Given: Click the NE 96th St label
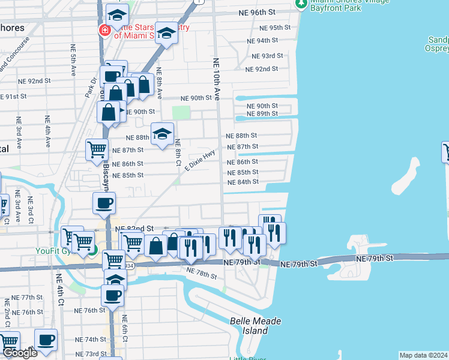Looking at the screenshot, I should pos(259,12).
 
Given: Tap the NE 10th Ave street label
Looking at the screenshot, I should pos(217,78).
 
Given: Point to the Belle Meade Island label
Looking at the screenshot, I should pos(256,326).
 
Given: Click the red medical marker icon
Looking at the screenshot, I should pos(105,30).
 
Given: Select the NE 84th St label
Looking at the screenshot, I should pos(243,182).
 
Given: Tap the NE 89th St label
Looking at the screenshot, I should pos(262,113).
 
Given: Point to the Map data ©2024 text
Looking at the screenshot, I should pos(423,355).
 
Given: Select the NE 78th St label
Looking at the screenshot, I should pos(201,273).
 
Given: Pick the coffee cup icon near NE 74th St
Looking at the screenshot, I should pos(46,339).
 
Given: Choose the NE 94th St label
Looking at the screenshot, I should pos(262,40).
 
